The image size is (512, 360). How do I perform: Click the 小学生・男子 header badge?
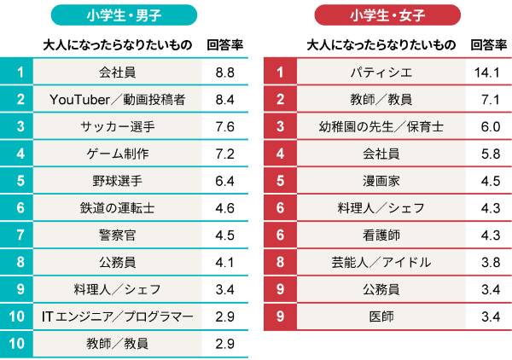click(x=124, y=15)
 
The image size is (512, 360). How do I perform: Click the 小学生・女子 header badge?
click(x=387, y=15)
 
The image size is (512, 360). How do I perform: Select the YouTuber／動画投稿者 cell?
click(x=118, y=100)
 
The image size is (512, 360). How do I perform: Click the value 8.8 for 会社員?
click(x=225, y=73)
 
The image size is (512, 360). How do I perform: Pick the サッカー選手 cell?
click(x=118, y=127)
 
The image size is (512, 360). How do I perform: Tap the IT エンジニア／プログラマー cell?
click(x=118, y=316)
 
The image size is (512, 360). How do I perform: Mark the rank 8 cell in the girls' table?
click(x=280, y=263)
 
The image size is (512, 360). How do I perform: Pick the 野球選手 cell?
click(x=118, y=181)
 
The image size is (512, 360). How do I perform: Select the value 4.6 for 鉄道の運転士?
click(x=225, y=208)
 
